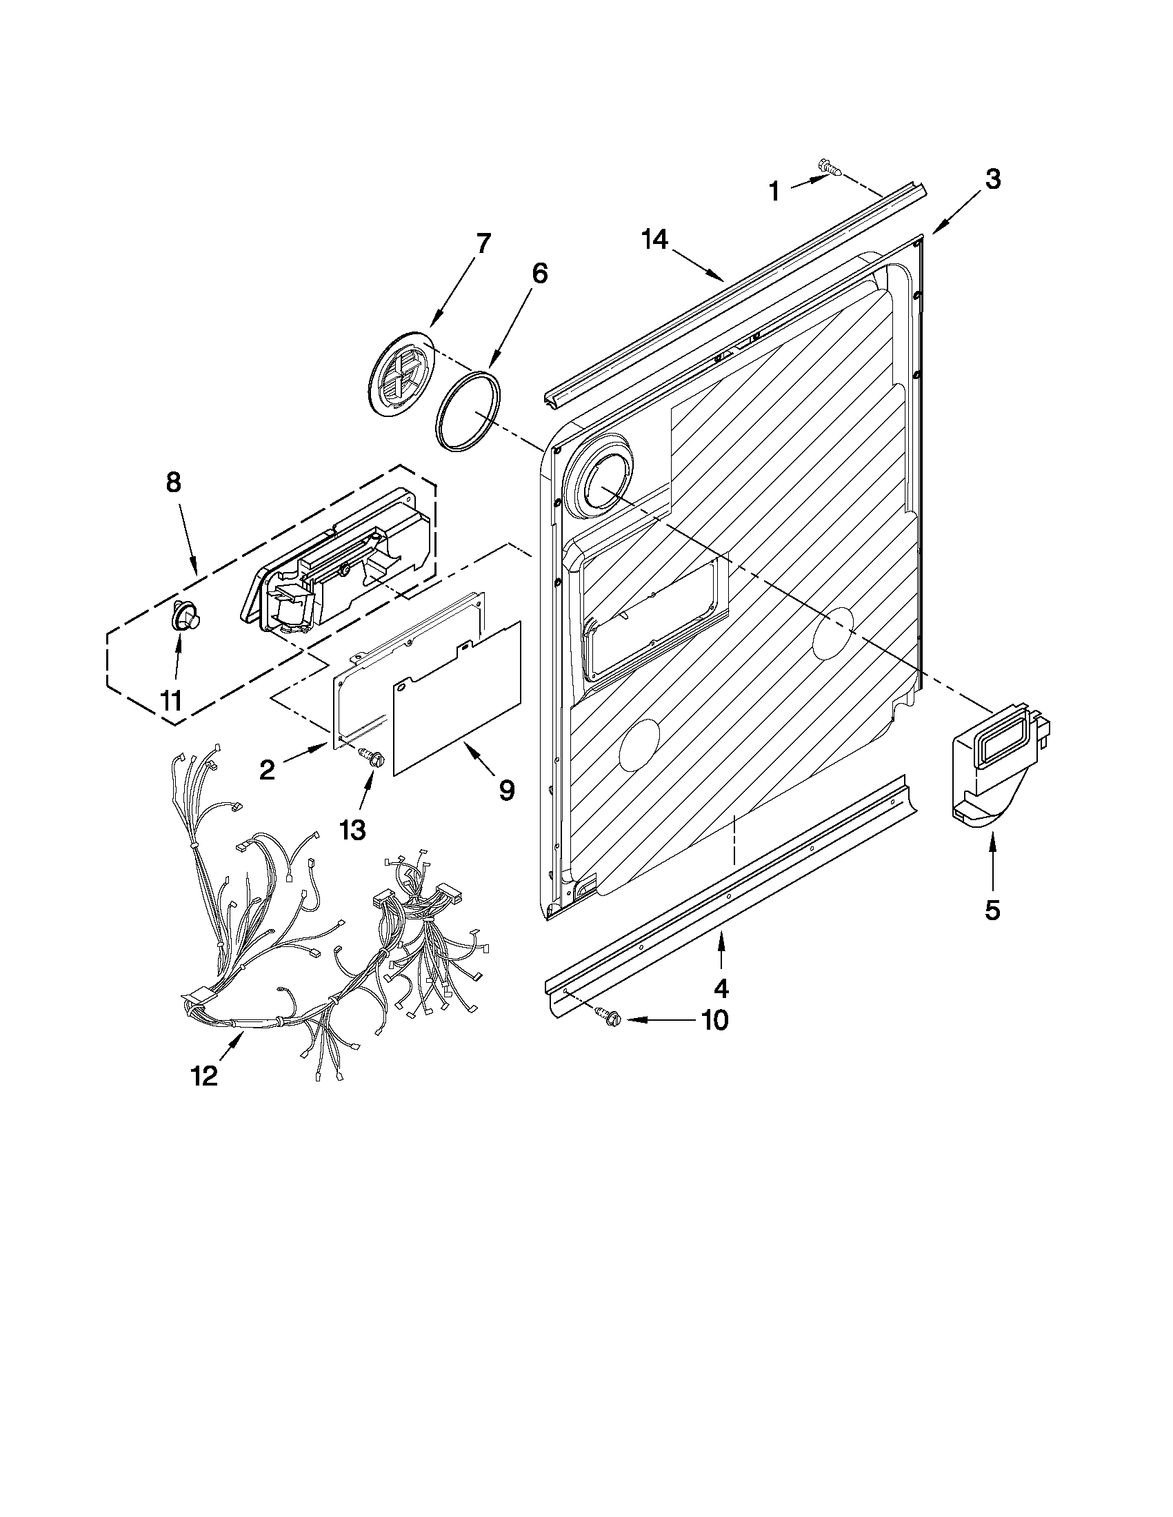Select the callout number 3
pyautogui.click(x=993, y=180)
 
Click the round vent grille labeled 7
pyautogui.click(x=398, y=376)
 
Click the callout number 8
pyautogui.click(x=173, y=481)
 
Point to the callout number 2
pyautogui.click(x=267, y=769)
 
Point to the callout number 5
pyautogui.click(x=992, y=909)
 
